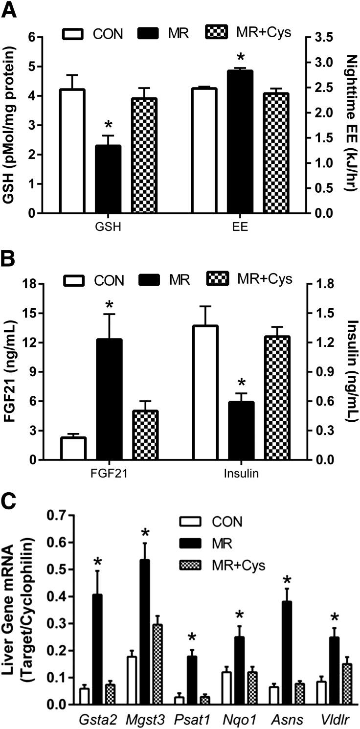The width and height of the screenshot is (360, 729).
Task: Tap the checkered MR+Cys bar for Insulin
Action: (277, 398)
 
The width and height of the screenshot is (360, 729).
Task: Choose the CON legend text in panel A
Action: (109, 34)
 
